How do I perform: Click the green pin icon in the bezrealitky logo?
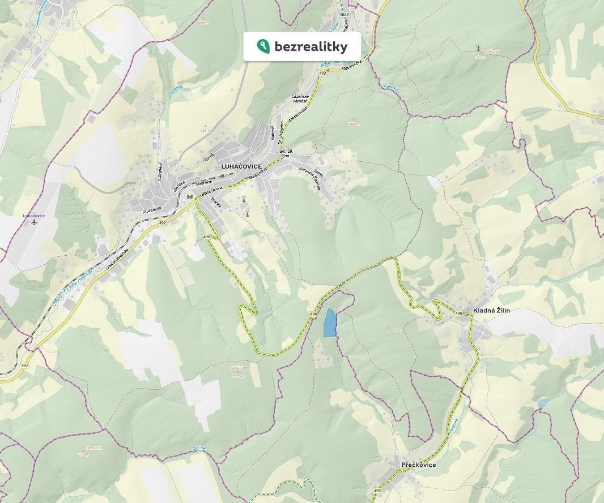[x=263, y=46]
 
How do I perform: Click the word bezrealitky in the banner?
[x=310, y=46]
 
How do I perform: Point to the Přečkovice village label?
[x=418, y=465]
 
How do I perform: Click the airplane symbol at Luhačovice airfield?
[x=34, y=222]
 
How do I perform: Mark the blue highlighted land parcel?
[x=329, y=323]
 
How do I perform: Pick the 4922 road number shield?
[x=344, y=14]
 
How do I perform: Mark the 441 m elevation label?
[x=396, y=330]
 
